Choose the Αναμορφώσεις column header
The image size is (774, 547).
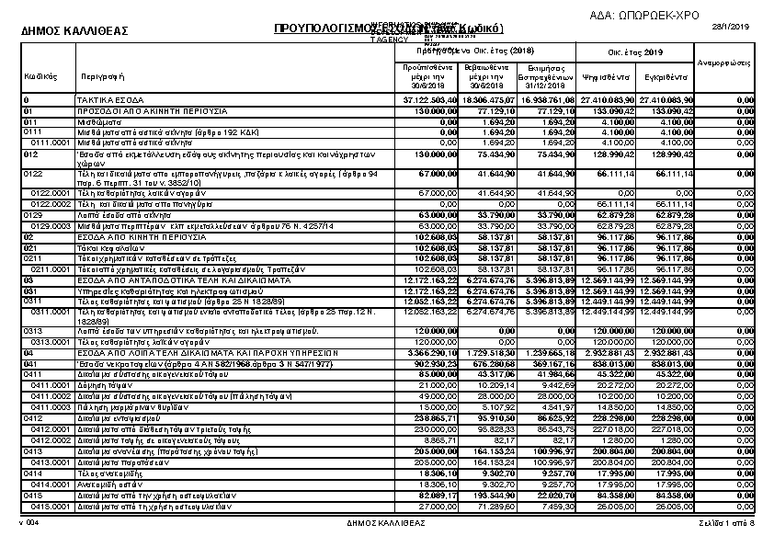725,63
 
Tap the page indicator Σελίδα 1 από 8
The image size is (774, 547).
726,523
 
